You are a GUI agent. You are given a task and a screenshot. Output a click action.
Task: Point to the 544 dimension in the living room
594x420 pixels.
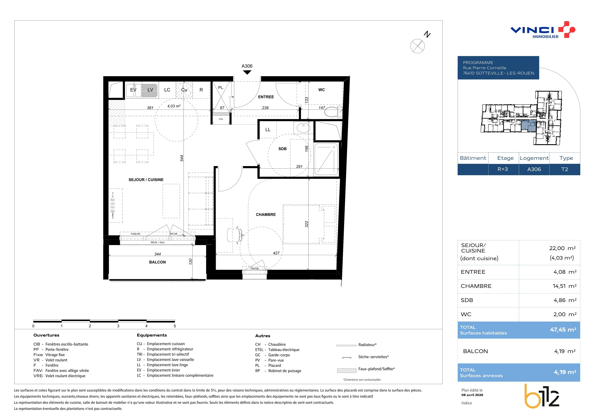(182, 158)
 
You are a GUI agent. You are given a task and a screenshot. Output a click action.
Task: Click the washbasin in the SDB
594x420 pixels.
(303, 128)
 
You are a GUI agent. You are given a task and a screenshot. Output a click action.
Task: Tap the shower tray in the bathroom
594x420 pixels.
(326, 160)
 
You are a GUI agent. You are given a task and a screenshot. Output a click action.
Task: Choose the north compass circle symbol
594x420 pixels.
(417, 46)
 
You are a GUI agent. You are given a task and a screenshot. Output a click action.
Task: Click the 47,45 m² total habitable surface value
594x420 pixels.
(563, 330)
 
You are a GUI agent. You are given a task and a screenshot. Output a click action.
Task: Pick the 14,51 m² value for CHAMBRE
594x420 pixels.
(564, 286)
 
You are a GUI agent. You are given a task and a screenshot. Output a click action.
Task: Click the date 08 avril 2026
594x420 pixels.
(472, 395)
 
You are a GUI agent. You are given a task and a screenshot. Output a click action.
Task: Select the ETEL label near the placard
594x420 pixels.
(221, 119)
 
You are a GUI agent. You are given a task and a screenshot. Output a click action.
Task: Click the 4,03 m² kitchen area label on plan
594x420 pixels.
(174, 106)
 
